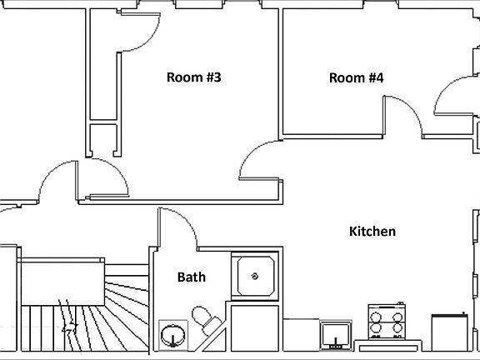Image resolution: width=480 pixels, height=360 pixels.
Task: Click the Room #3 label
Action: [x=194, y=77]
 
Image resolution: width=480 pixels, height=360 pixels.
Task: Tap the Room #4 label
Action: [x=356, y=77]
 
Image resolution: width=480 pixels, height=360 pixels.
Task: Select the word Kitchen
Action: [x=372, y=232]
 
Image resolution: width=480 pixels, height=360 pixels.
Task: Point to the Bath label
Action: [x=192, y=277]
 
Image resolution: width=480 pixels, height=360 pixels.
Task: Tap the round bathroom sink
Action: [x=173, y=336]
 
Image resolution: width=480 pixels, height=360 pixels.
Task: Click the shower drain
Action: [x=254, y=277]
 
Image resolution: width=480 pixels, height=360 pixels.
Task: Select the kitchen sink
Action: [x=336, y=336]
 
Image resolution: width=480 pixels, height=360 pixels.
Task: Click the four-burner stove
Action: [x=387, y=322]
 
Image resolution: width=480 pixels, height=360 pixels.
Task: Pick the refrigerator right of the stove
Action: [x=450, y=332]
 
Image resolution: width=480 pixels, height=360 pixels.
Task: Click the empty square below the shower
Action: [x=255, y=328]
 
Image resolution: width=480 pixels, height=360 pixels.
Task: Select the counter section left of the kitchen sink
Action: [x=301, y=335]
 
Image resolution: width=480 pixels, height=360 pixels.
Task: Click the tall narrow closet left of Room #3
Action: [x=103, y=64]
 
